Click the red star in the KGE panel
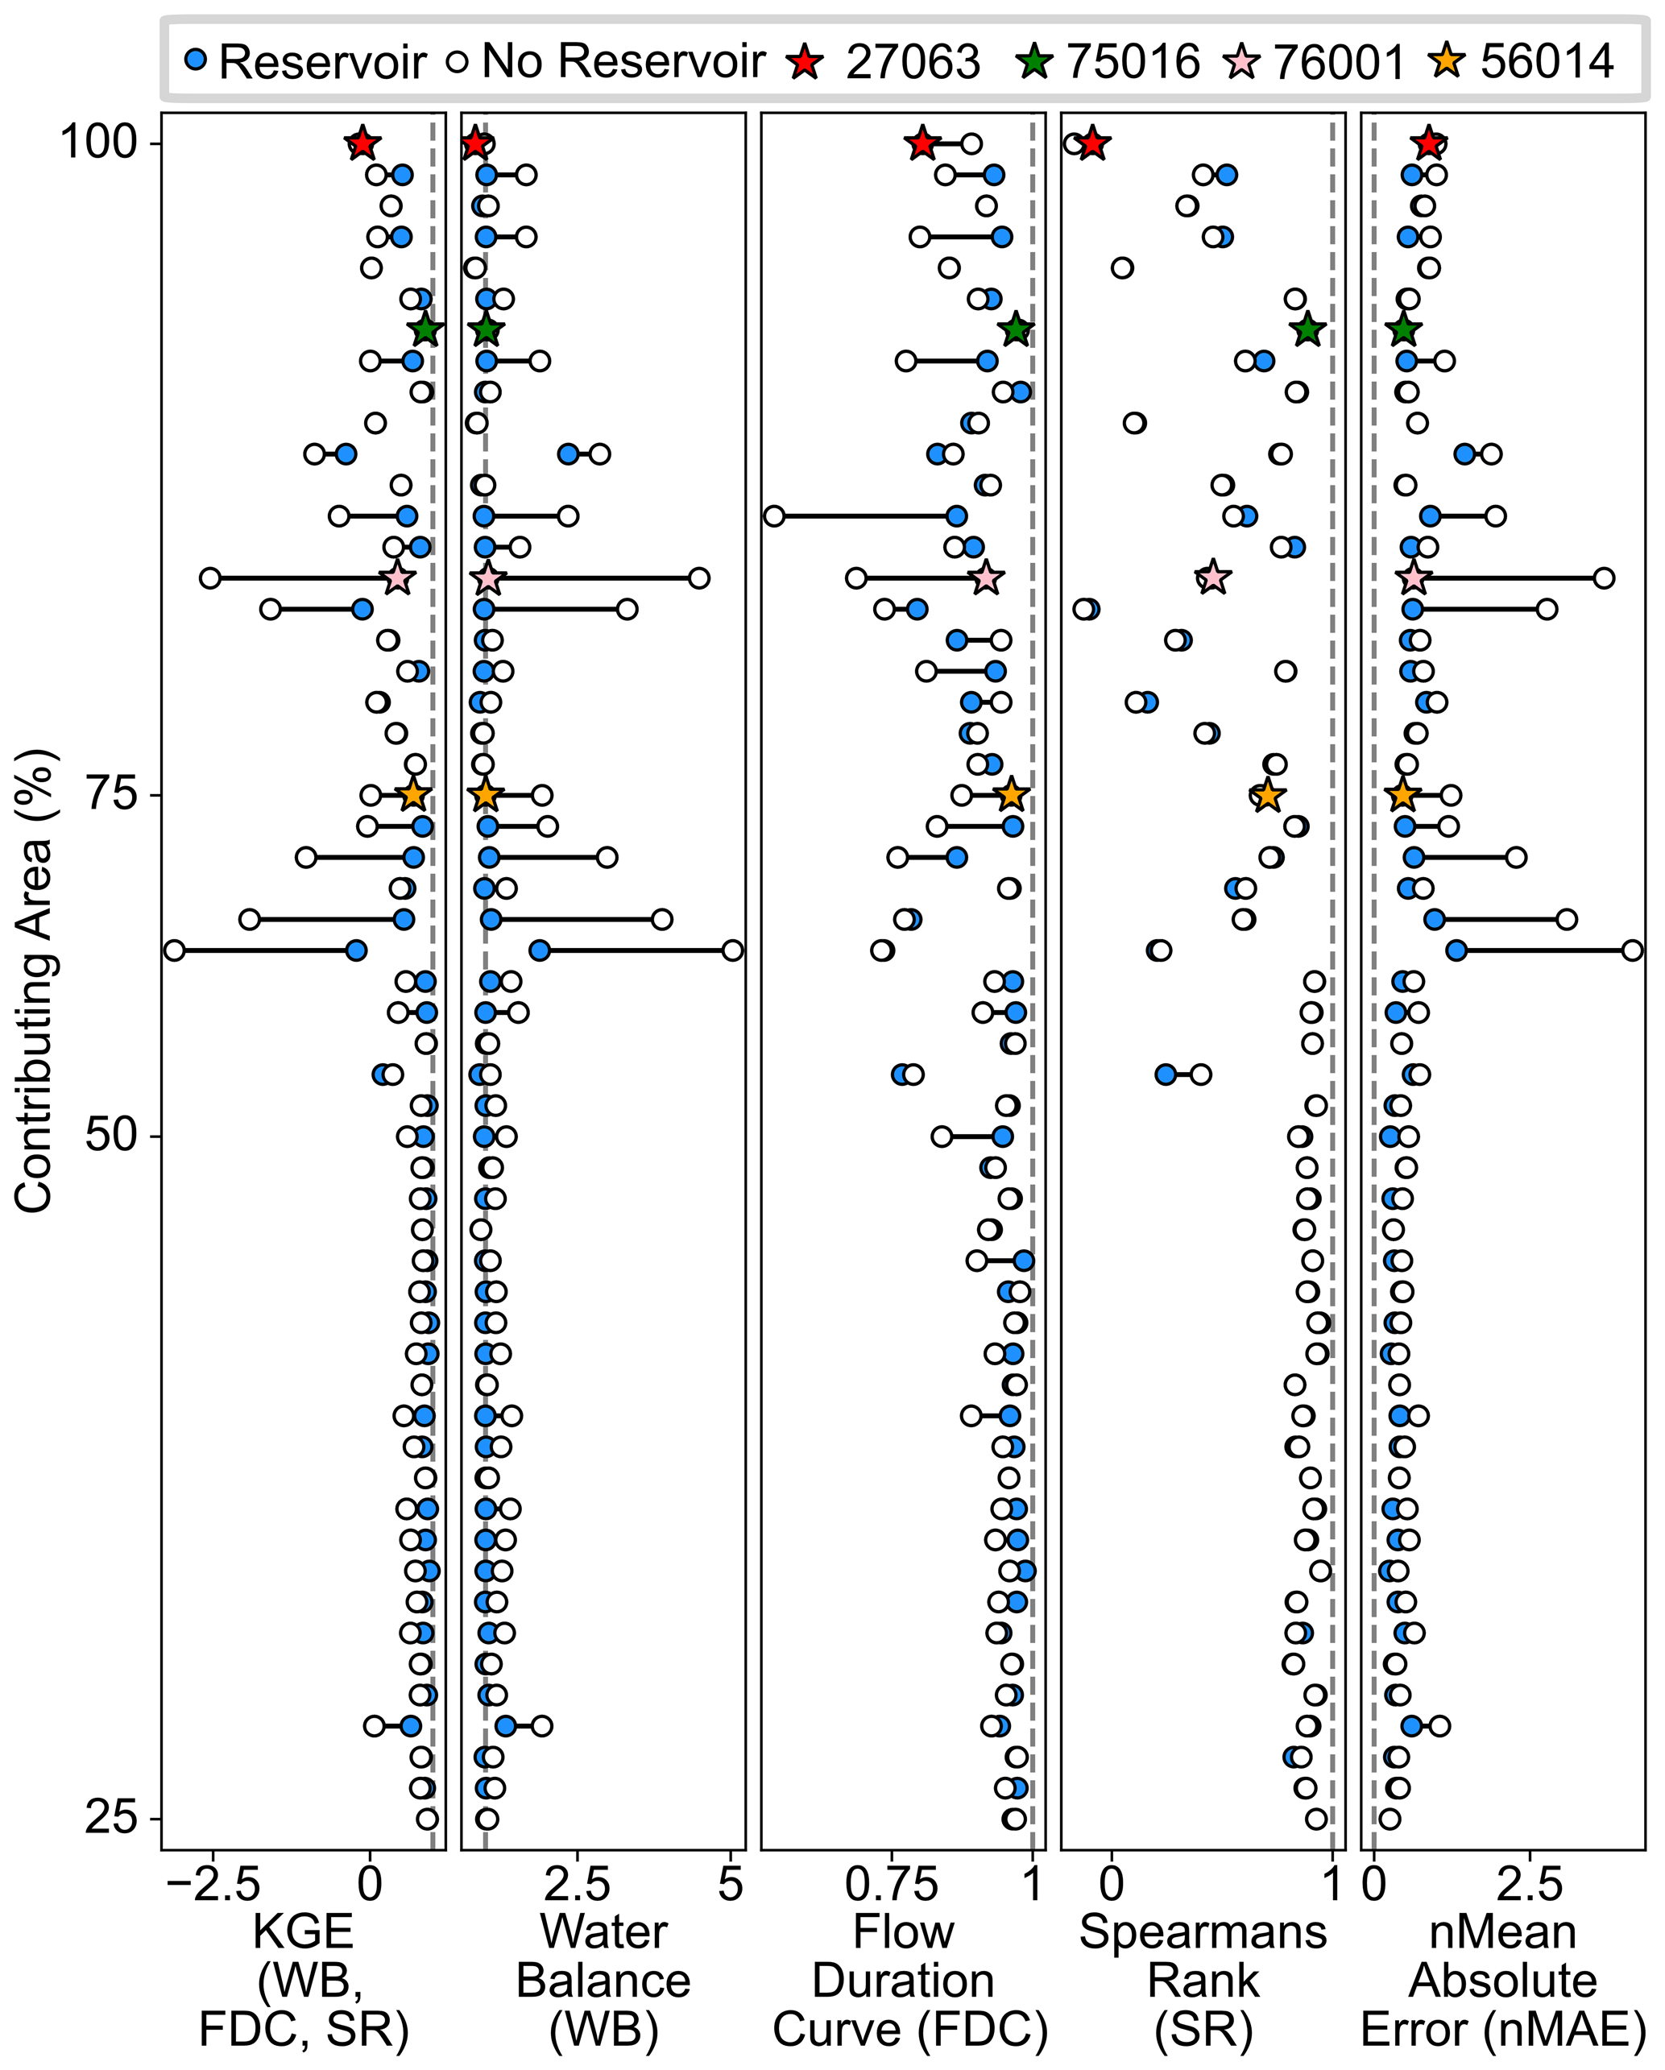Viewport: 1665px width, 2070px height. click(362, 144)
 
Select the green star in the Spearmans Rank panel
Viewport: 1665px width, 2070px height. click(1307, 330)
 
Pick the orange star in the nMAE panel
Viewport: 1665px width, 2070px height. click(1403, 795)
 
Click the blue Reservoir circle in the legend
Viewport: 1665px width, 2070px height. click(196, 61)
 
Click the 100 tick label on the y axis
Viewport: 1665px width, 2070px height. click(98, 144)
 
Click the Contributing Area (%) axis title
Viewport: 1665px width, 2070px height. click(35, 979)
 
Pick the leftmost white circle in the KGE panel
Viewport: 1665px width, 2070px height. click(174, 950)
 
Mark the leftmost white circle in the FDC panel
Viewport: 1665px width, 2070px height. click(774, 516)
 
